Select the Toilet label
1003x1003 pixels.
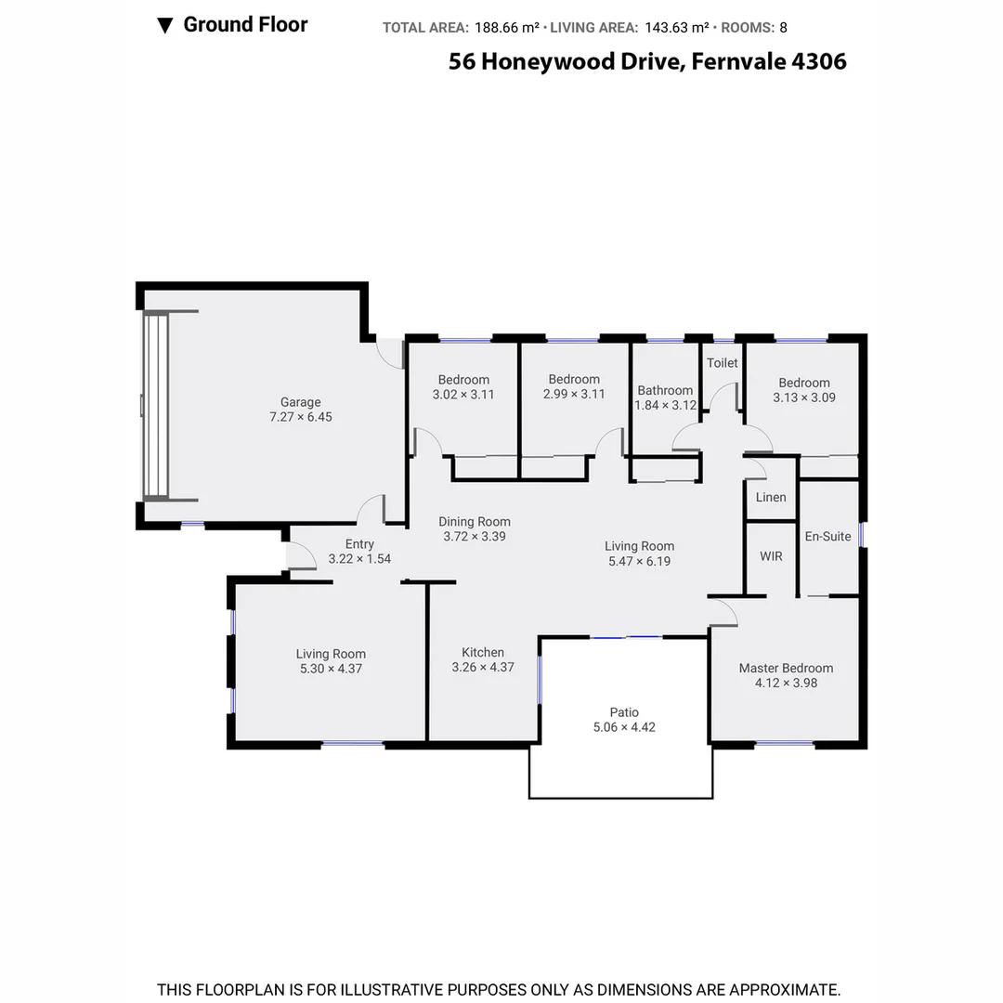(722, 363)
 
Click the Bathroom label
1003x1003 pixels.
(664, 390)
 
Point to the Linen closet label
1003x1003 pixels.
(770, 497)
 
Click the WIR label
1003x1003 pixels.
(771, 556)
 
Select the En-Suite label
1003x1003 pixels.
(827, 536)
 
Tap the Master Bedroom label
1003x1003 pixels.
(786, 668)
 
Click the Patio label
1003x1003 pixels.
(624, 712)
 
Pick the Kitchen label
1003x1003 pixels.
(483, 652)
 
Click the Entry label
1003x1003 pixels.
(359, 544)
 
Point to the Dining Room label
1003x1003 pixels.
(474, 521)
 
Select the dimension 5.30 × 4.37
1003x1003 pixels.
(331, 669)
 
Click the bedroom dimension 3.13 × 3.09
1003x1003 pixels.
(804, 397)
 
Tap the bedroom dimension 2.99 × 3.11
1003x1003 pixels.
(574, 394)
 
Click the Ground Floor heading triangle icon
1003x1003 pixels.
(165, 26)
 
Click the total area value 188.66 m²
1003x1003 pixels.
(507, 28)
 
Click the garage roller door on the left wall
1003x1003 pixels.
(155, 406)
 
